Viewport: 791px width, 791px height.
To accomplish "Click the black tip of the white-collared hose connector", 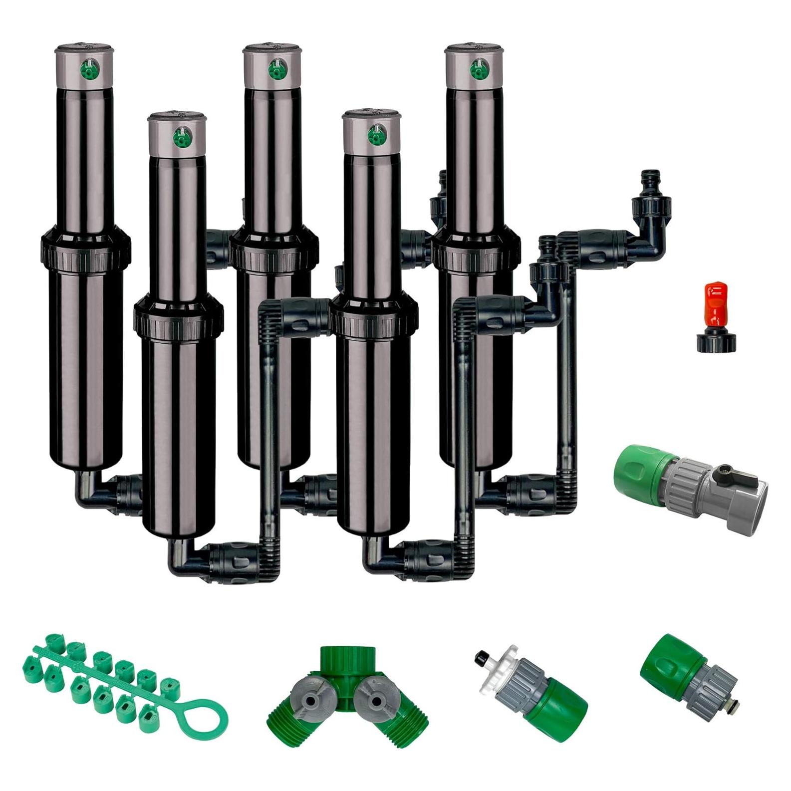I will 481,655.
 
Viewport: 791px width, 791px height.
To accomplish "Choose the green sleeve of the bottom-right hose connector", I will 664,667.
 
